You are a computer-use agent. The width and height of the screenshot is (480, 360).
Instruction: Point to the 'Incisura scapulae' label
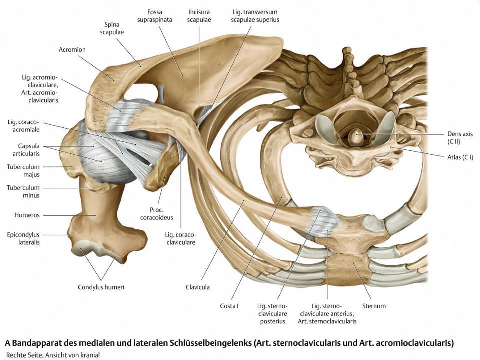[x=198, y=15]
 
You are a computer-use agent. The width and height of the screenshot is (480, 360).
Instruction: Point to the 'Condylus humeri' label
[x=102, y=287]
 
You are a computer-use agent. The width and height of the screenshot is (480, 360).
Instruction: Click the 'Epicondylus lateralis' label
[x=23, y=237]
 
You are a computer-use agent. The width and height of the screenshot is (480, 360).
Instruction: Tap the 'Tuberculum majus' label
[x=23, y=170]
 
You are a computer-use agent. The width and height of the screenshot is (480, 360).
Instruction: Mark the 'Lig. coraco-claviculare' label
[x=181, y=238]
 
